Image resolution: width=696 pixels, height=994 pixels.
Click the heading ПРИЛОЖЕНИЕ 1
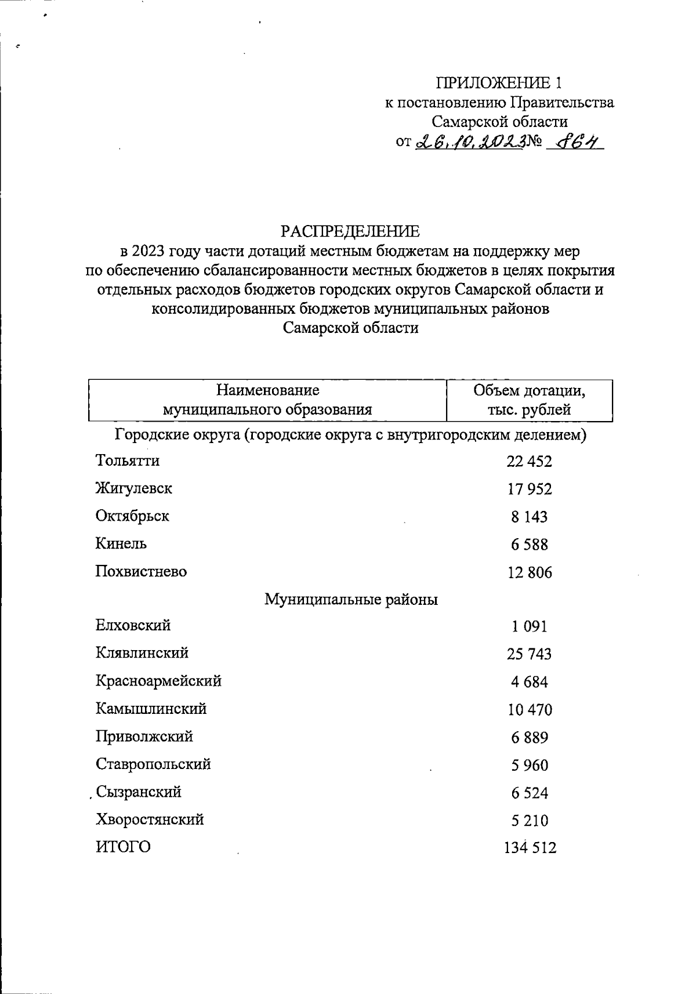pos(499,83)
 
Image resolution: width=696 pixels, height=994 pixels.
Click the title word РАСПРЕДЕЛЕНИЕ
pos(350,231)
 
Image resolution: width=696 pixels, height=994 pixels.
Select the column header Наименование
pos(267,390)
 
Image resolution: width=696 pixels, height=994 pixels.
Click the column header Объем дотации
pos(529,391)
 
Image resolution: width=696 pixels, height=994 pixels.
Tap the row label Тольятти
pos(128,461)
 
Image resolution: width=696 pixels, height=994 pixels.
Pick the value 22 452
pos(529,462)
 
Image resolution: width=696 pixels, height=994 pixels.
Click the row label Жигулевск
pos(134,489)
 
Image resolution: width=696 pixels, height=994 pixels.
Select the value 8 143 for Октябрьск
pos(529,517)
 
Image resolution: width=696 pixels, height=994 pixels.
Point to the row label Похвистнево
pos(142,572)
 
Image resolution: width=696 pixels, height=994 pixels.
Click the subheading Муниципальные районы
pos(351,600)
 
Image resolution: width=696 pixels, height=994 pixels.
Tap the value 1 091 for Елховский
pos(529,627)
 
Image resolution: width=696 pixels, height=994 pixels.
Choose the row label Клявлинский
pos(142,654)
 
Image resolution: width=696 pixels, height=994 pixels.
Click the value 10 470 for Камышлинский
pos(529,710)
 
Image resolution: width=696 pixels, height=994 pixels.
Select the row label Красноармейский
pos(158,681)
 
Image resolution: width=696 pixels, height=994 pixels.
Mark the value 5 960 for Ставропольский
pos(529,766)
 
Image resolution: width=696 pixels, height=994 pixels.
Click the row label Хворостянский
pos(150,820)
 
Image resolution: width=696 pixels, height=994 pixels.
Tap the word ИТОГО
pos(123,847)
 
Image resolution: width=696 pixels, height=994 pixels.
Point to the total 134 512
pos(530,848)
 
